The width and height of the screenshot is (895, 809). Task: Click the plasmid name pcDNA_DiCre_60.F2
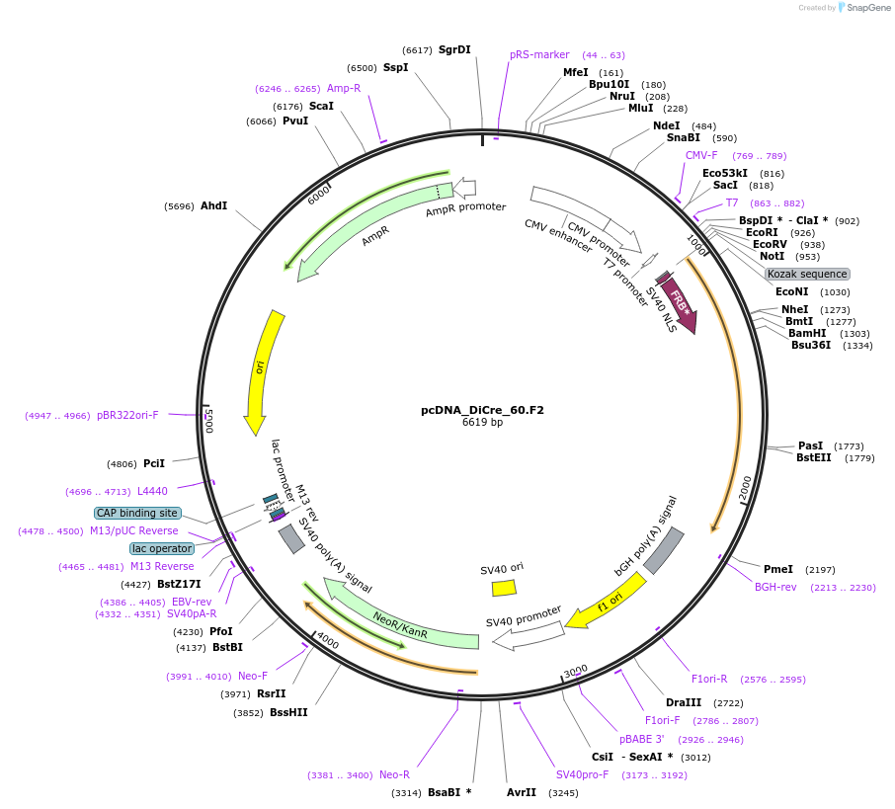pos(482,410)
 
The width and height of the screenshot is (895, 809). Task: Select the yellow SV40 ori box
pos(504,588)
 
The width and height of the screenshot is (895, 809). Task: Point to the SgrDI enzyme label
pos(454,49)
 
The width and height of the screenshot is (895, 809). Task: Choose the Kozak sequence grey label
pos(807,274)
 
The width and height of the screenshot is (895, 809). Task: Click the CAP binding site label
pos(137,513)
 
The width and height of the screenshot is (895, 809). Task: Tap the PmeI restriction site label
pos(778,569)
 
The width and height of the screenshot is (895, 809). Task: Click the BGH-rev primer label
pos(775,587)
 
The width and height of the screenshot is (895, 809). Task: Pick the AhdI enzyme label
pos(214,206)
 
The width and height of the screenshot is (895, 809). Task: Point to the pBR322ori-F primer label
pos(127,416)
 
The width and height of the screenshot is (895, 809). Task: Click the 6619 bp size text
pos(482,423)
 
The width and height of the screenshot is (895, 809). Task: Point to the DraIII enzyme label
pos(684,702)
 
